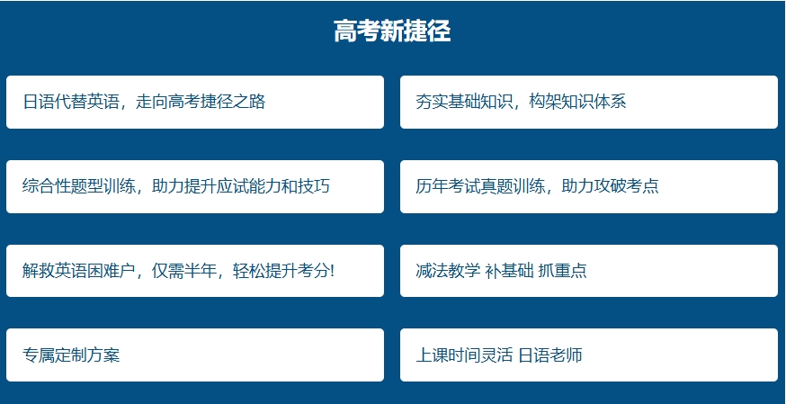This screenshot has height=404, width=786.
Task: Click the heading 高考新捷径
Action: pos(392,31)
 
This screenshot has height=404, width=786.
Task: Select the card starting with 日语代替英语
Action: pos(195,103)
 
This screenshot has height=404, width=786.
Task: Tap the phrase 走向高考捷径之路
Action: pos(201,102)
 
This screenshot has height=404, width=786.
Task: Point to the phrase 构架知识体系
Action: pos(578,102)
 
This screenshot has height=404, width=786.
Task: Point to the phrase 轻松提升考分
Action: pos(281,271)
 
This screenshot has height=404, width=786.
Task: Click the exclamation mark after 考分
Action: pos(332,271)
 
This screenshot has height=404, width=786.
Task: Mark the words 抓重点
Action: pos(562,271)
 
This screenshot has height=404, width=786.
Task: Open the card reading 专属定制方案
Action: pos(195,355)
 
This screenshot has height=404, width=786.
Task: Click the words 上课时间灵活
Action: pos(464,355)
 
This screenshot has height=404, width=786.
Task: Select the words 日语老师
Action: pos(549,355)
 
